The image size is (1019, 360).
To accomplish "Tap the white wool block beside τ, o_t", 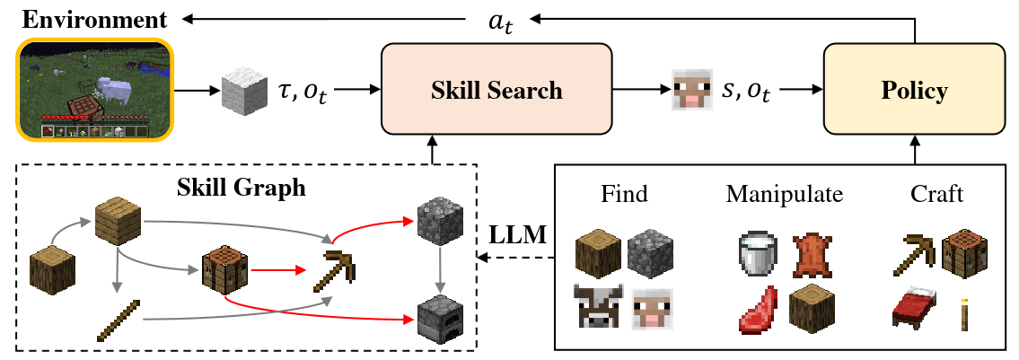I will tap(241, 91).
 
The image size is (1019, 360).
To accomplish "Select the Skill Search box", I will tap(496, 90).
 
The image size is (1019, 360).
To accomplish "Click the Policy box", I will tap(914, 90).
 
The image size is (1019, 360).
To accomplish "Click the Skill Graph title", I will tap(240, 188).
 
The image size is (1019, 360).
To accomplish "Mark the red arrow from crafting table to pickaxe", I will tap(275, 268).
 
